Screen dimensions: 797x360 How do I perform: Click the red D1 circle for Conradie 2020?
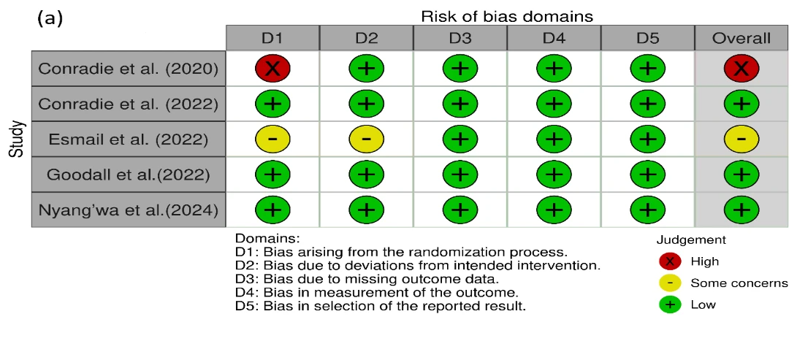272,69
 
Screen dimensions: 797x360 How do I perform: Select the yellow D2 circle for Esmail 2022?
367,139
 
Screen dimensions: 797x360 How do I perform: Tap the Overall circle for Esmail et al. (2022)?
741,139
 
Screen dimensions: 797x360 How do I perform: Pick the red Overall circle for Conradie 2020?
741,69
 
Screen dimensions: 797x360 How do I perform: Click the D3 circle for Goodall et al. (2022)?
460,175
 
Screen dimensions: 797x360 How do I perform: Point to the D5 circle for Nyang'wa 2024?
647,210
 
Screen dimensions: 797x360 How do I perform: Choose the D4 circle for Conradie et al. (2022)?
554,104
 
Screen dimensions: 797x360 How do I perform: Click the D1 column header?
272,38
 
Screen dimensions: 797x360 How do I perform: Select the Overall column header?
741,38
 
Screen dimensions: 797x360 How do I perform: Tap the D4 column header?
554,38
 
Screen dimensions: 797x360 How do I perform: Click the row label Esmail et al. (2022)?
129,139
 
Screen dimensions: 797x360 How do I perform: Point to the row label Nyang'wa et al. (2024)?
129,210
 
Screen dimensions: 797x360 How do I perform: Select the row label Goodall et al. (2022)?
129,175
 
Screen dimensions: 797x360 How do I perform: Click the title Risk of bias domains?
507,16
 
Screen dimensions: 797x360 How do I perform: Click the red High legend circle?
670,261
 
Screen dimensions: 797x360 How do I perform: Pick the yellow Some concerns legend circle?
670,283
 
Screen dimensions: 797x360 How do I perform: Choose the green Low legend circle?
670,305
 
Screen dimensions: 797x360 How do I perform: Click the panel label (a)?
50,19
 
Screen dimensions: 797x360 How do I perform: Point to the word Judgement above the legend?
692,240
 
